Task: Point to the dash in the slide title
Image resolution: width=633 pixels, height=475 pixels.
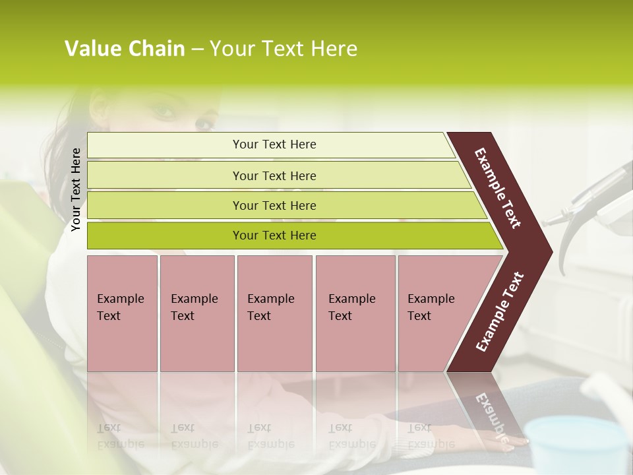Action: coord(197,49)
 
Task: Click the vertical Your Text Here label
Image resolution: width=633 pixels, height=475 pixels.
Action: coord(76,189)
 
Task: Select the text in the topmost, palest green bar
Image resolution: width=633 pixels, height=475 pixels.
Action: coord(274,144)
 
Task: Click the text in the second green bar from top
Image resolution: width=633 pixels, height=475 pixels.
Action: coord(274,176)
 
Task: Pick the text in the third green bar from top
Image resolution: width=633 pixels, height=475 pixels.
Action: coord(274,206)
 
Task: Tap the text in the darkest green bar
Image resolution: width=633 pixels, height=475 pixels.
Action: coord(274,236)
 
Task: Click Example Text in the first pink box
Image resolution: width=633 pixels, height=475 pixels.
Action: coord(120,307)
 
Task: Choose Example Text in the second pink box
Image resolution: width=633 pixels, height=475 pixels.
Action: coord(194,307)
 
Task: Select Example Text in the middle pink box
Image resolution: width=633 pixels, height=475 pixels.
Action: coord(270,307)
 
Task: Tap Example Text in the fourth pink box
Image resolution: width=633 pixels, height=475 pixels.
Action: coord(351,307)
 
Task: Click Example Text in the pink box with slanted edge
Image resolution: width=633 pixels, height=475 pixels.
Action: coord(431,307)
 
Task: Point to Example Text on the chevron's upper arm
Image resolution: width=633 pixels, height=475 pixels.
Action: coord(498,188)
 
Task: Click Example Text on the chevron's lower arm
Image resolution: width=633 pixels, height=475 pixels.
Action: coord(500,311)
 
